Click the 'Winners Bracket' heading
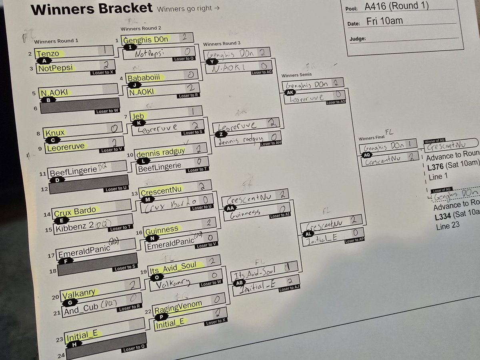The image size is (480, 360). tap(92, 8)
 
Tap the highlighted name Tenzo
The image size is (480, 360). tap(48, 54)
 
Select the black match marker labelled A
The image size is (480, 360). tap(44, 60)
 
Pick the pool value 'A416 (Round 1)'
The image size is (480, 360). tap(396, 6)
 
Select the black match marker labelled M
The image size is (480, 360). tap(148, 199)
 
